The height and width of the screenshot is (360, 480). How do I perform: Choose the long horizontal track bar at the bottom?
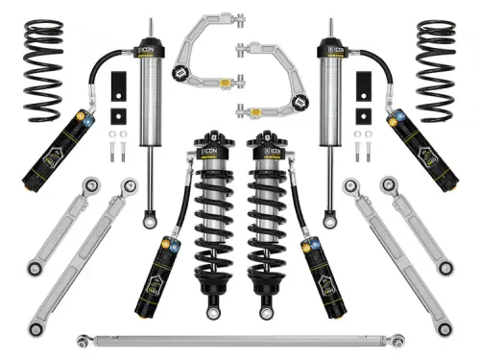[240, 339]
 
